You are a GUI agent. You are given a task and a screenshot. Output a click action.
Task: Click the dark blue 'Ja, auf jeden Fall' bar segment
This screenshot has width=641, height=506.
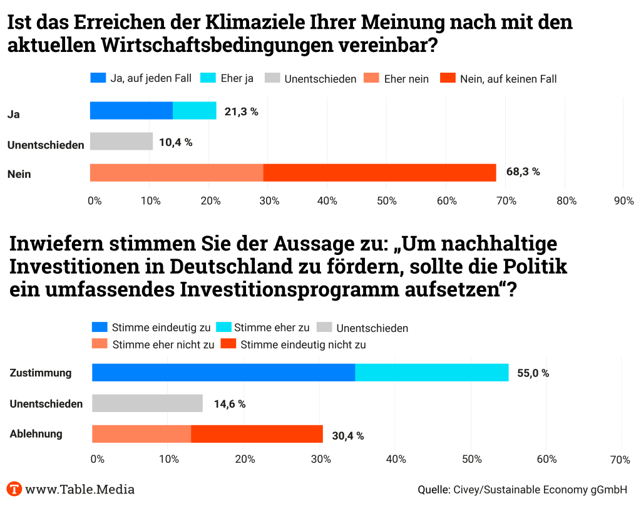131,110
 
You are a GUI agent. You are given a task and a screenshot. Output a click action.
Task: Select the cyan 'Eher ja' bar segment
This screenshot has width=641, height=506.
195,110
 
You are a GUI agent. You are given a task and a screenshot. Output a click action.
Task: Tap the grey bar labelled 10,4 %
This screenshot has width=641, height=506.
121,142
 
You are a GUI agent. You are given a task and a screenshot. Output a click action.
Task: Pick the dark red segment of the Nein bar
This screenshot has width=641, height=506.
379,172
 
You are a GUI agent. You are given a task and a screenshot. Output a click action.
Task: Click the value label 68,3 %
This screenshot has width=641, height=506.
523,172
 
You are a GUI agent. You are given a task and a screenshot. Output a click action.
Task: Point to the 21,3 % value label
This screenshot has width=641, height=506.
242,111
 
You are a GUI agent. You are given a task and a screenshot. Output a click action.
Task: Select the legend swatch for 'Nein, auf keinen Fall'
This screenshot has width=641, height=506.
448,78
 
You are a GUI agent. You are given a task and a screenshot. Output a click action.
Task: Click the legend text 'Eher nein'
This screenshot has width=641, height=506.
406,79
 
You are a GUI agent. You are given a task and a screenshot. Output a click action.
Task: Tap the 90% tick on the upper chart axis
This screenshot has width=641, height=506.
623,201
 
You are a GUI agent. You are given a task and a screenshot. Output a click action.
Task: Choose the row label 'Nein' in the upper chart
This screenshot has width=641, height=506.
19,174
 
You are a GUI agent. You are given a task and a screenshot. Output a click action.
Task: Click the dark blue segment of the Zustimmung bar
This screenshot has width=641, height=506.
223,373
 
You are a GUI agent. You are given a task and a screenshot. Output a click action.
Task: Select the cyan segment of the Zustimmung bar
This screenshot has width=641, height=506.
432,373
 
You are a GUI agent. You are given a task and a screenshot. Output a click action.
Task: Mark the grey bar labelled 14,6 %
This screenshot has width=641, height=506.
147,403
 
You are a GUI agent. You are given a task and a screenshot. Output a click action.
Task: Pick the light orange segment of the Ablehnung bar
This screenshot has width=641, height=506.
141,434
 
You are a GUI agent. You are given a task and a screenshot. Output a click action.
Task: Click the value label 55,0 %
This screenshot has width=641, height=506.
533,373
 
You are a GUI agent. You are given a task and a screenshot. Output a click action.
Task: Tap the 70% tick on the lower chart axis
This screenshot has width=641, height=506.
620,460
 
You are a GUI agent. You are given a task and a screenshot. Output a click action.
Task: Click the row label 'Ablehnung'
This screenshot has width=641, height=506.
36,434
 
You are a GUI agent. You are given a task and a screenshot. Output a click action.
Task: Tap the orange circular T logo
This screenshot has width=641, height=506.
14,489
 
